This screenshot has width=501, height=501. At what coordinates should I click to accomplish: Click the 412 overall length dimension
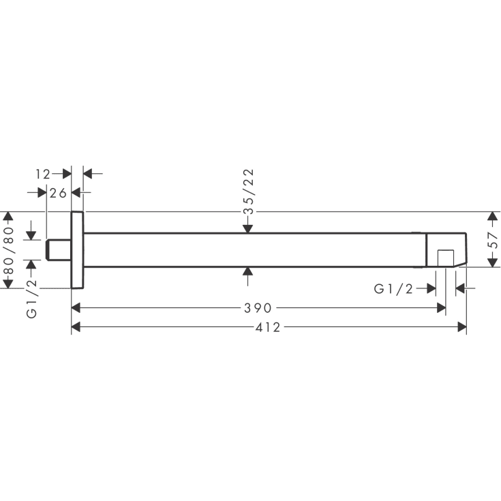coord(269,328)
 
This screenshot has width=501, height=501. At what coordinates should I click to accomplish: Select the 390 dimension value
coord(258,308)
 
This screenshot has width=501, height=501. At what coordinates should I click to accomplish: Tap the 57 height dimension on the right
coord(494,239)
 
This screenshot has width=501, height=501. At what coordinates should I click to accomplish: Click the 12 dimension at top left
coord(43,174)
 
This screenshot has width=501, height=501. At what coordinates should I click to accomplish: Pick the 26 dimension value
coord(58,193)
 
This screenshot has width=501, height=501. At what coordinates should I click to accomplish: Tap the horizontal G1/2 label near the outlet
coord(393,289)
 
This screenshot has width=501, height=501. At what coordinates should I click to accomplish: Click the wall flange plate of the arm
coord(77,250)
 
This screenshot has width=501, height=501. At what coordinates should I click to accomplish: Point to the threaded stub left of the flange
coord(59,249)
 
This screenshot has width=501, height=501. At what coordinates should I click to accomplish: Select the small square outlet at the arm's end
coord(445,258)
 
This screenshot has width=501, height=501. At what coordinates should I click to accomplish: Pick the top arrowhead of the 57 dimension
coord(494,217)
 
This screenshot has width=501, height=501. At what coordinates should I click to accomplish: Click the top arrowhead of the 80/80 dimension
coord(9,217)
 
